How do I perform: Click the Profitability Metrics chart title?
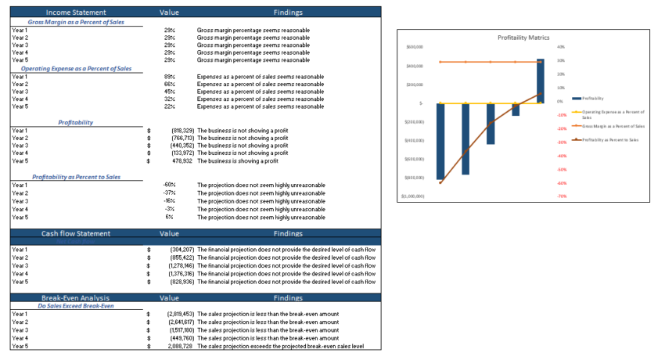point(523,38)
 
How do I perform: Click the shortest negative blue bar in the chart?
point(516,110)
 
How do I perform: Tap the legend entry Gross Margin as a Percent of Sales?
point(613,125)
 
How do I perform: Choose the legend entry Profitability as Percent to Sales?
point(613,139)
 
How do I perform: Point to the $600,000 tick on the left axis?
point(415,47)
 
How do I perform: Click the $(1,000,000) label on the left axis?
point(412,196)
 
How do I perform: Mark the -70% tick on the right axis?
point(562,196)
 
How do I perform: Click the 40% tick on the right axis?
point(560,47)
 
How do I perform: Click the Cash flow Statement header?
point(77,233)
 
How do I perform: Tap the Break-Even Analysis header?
point(77,298)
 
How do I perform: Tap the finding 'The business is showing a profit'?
point(238,161)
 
